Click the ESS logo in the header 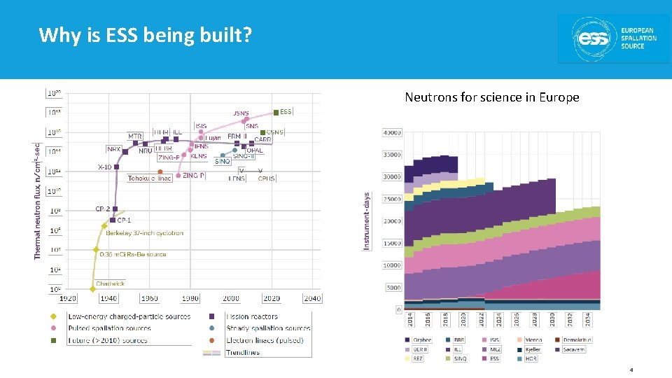(x=613, y=38)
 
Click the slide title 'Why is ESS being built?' (x=145, y=34)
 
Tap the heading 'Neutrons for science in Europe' (x=491, y=97)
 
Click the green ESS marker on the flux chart (x=277, y=112)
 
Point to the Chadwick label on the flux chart (x=111, y=283)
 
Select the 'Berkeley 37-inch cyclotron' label (x=145, y=233)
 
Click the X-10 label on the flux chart (x=104, y=167)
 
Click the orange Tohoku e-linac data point (x=160, y=171)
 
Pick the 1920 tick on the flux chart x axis (x=68, y=298)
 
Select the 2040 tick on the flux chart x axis (x=312, y=298)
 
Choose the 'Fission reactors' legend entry (x=252, y=316)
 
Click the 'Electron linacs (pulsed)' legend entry (x=264, y=340)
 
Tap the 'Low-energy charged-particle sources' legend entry (x=129, y=316)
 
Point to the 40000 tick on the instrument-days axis (x=392, y=132)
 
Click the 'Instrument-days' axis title (x=367, y=222)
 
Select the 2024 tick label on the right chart (x=498, y=319)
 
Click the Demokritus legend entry (x=577, y=339)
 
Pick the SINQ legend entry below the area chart (x=459, y=358)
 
